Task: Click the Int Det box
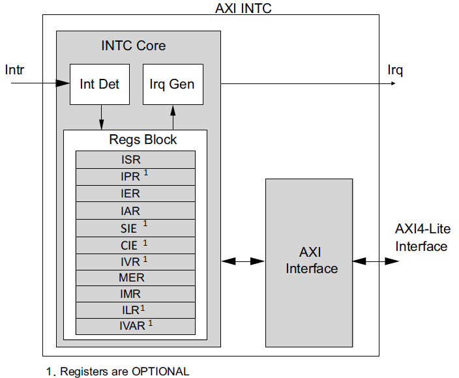100,84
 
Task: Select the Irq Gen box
172,84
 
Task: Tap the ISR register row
135,160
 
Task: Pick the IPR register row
135,177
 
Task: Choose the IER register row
135,194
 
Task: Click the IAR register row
135,211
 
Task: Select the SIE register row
135,227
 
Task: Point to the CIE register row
135,244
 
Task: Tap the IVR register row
135,261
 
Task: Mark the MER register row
135,278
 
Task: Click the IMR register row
135,294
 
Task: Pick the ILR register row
135,310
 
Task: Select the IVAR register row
135,326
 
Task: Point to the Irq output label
395,70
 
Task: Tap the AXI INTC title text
243,8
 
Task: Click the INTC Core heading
134,46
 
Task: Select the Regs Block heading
143,139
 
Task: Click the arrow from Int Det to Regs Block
100,117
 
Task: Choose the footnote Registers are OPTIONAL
118,371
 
